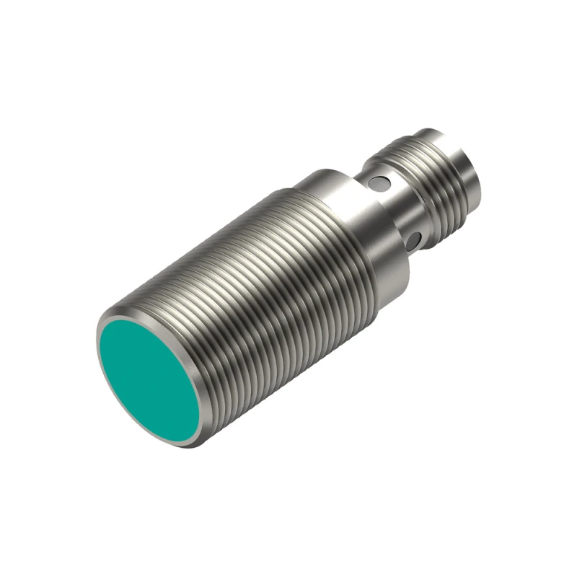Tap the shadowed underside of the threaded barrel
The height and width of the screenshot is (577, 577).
click(288, 375)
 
